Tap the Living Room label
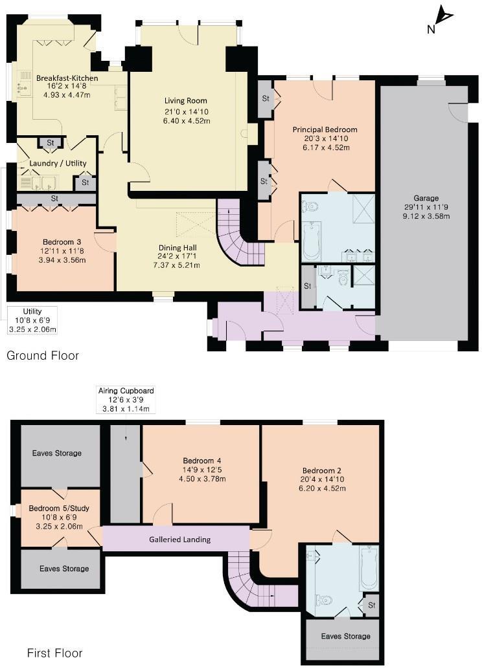pyautogui.click(x=185, y=100)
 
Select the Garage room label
pyautogui.click(x=426, y=198)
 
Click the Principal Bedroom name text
pyautogui.click(x=325, y=129)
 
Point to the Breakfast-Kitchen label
pyautogui.click(x=67, y=78)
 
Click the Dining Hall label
pyautogui.click(x=178, y=247)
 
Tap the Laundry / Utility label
pyautogui.click(x=58, y=164)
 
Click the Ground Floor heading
pyautogui.click(x=43, y=356)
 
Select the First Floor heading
pyautogui.click(x=54, y=653)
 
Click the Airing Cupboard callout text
pyautogui.click(x=126, y=391)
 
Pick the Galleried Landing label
pyautogui.click(x=179, y=539)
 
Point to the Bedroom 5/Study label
pyautogui.click(x=59, y=509)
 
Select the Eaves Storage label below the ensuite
pyautogui.click(x=346, y=636)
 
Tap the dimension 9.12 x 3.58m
pyautogui.click(x=426, y=216)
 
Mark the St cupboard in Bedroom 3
pyautogui.click(x=54, y=198)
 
